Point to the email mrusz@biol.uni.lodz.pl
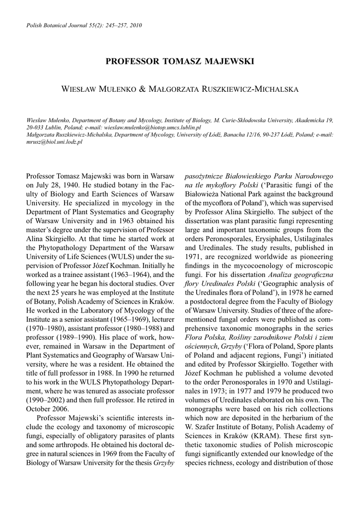(55, 141)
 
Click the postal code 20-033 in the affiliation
(37, 127)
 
